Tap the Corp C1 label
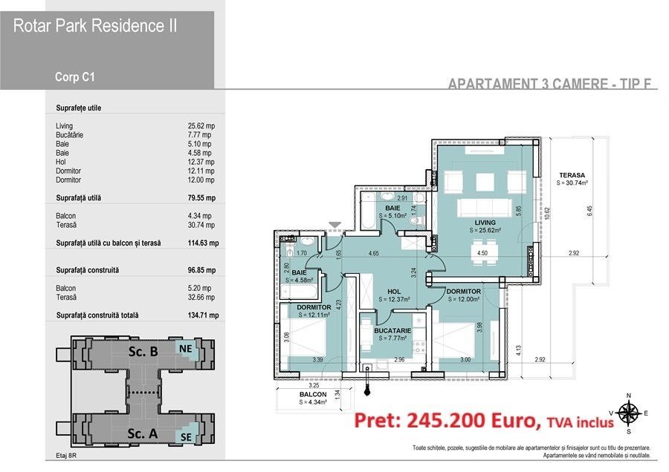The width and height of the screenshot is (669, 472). coord(74,76)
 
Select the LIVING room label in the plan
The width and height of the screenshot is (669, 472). coord(485,223)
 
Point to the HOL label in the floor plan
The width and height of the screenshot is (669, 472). coord(393,291)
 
